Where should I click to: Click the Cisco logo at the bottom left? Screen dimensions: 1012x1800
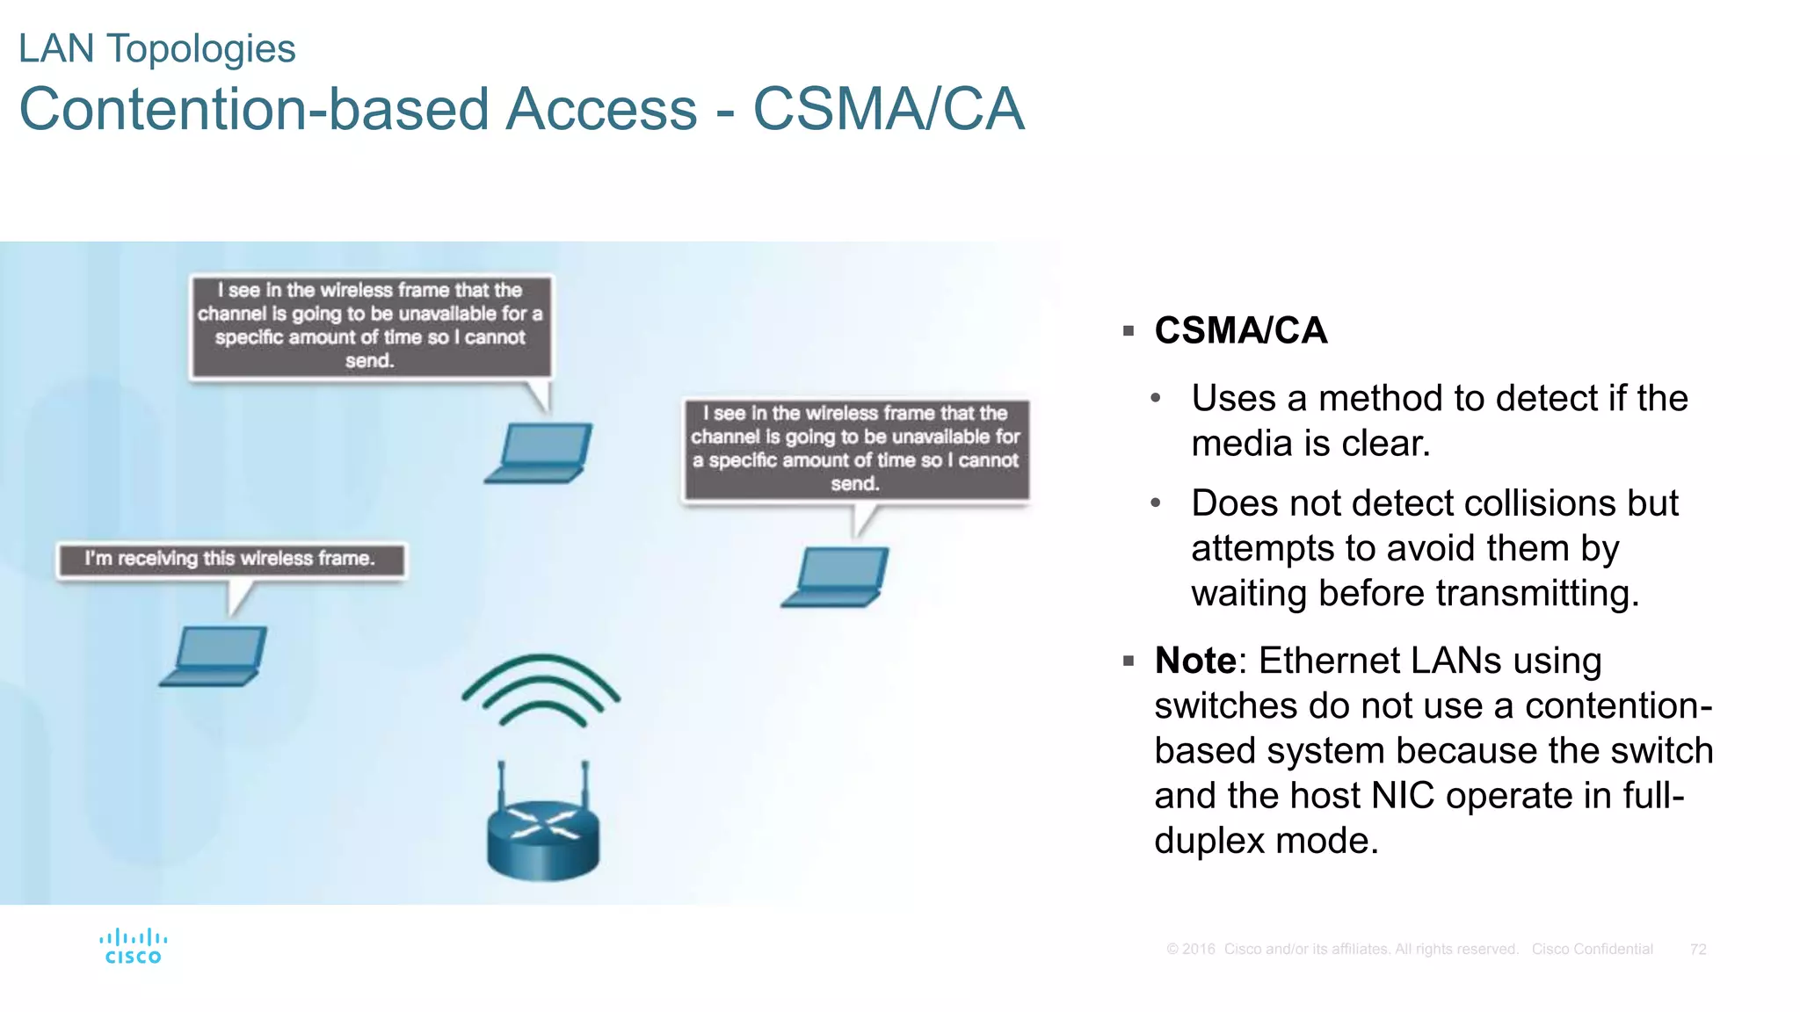coord(133,947)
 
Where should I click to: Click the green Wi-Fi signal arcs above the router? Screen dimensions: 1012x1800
coord(541,690)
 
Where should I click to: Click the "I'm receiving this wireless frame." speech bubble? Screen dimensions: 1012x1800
coord(230,560)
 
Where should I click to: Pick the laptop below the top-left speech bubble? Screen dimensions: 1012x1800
coord(539,452)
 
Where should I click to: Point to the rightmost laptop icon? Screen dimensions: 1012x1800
coord(836,576)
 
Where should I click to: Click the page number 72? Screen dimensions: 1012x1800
coord(1697,950)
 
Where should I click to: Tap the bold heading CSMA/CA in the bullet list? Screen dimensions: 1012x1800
coord(1240,331)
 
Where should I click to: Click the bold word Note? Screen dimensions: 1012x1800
coord(1194,661)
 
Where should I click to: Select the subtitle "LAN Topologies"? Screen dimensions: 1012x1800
coord(156,49)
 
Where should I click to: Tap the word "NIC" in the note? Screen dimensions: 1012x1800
coord(1403,796)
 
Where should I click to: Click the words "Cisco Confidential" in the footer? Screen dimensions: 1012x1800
coord(1592,950)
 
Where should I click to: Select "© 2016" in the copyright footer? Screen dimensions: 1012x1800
coord(1191,950)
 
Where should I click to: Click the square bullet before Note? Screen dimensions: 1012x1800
coord(1129,661)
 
